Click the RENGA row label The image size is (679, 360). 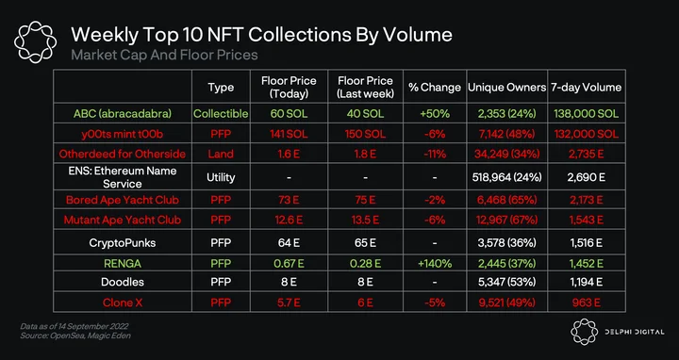122,263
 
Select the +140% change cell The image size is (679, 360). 435,263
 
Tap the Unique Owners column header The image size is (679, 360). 506,88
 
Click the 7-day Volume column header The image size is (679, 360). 586,88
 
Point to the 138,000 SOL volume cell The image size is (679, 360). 586,114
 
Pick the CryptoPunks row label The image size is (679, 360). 122,243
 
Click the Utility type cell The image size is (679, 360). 221,177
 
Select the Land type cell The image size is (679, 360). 221,154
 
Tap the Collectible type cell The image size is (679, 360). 221,114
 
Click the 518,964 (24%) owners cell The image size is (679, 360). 506,177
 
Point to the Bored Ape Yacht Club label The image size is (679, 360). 122,201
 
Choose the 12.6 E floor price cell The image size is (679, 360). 289,220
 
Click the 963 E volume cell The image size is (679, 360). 586,302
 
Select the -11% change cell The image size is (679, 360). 435,154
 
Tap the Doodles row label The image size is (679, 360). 122,282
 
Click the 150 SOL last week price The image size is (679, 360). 366,134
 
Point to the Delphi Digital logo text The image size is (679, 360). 635,332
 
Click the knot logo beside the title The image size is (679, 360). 35,42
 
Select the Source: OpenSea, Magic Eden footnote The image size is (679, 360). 75,335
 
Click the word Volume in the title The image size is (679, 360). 414,35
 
